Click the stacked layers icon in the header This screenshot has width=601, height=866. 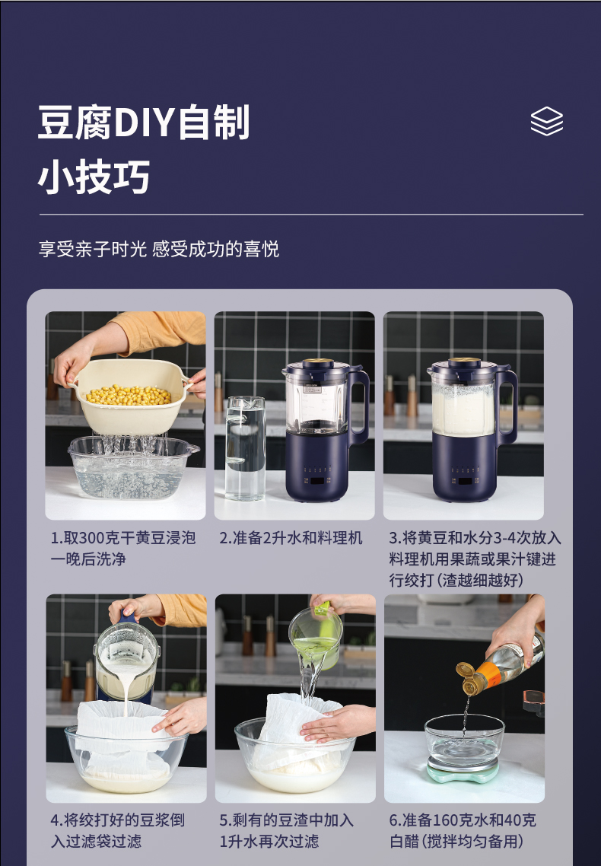click(x=546, y=121)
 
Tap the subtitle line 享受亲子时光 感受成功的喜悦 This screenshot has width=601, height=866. click(x=158, y=249)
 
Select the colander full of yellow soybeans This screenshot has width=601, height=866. click(x=130, y=396)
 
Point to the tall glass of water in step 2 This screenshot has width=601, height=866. click(x=245, y=448)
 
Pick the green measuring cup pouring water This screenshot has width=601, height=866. click(x=316, y=638)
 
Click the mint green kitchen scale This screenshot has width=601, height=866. click(x=463, y=771)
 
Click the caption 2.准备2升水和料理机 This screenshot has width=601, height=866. click(x=291, y=538)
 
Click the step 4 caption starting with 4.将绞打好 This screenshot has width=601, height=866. click(x=118, y=831)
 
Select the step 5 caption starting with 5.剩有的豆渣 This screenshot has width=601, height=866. click(x=286, y=831)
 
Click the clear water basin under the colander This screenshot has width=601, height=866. click(x=132, y=467)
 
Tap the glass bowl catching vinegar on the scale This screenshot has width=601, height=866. click(x=463, y=741)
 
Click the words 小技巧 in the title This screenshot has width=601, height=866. click(x=94, y=178)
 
